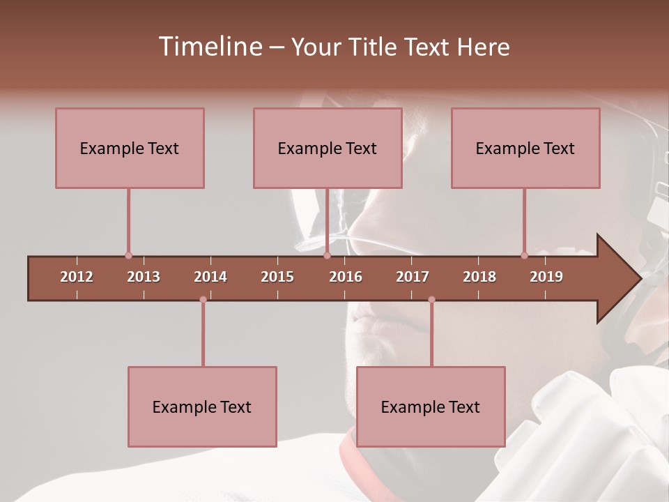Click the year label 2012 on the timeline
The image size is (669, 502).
77,277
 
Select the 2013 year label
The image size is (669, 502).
144,277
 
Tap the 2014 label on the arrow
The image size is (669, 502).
210,277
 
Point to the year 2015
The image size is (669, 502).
277,277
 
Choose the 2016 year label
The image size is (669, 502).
346,277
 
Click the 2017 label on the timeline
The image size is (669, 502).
413,277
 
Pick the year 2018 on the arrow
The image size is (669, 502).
479,277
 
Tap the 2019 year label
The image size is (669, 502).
546,277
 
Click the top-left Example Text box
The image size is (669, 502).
130,148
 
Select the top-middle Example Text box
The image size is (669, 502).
328,148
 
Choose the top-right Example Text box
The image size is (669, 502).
525,148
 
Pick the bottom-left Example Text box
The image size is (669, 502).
202,406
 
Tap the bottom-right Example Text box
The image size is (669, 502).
431,406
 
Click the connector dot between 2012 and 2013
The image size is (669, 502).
128,256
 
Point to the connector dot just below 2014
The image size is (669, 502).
203,300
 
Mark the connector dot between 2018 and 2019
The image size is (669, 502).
524,256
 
